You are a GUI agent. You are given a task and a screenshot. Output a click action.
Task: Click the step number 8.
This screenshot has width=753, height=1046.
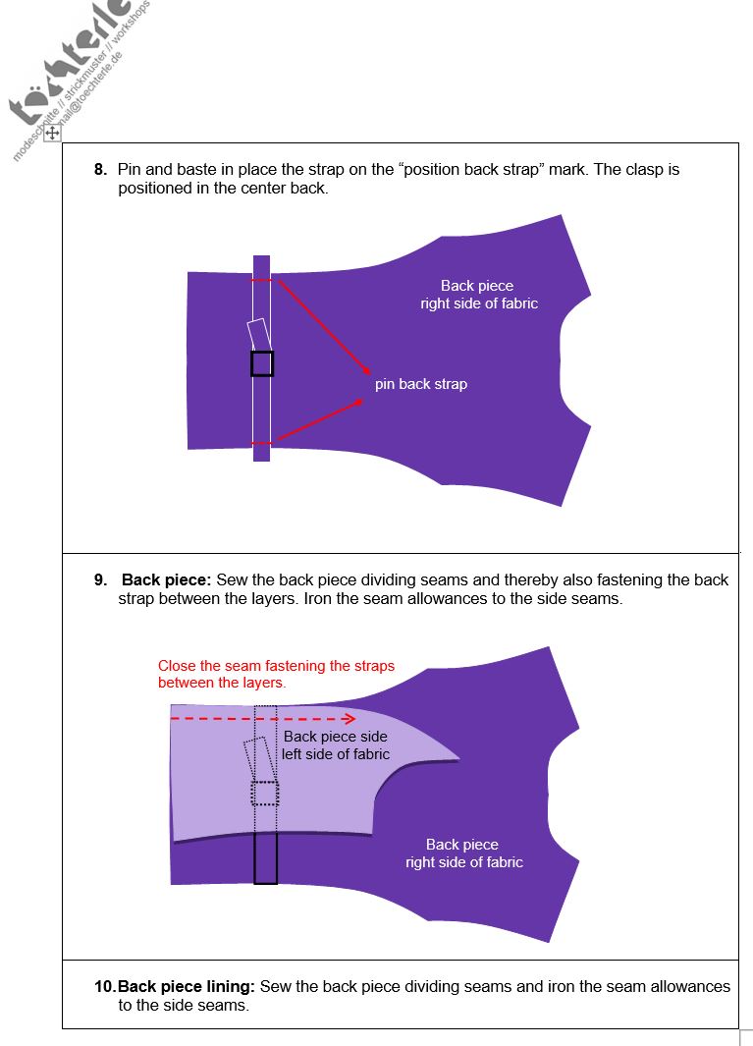click(x=99, y=170)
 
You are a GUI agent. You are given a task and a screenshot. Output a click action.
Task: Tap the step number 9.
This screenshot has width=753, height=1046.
click(x=99, y=580)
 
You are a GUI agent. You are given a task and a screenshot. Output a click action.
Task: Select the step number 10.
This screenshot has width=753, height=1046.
click(x=105, y=986)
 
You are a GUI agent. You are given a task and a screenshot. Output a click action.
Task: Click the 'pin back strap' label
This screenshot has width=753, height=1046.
click(x=420, y=384)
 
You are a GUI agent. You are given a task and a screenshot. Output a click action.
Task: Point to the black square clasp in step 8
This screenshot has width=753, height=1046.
click(x=261, y=363)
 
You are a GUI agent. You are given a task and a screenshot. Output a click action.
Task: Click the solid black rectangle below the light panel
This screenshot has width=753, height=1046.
click(x=265, y=857)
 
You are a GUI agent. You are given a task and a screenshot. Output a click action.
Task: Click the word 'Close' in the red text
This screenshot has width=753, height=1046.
click(x=176, y=666)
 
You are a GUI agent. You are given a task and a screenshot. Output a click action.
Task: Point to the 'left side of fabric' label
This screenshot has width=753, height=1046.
click(x=336, y=754)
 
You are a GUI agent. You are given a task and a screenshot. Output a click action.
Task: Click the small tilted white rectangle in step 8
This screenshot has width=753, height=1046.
click(x=257, y=334)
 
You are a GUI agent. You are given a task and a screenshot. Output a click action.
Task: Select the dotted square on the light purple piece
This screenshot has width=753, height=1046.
click(x=265, y=793)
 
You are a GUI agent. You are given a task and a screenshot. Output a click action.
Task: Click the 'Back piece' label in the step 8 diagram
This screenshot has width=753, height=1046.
click(x=477, y=286)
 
